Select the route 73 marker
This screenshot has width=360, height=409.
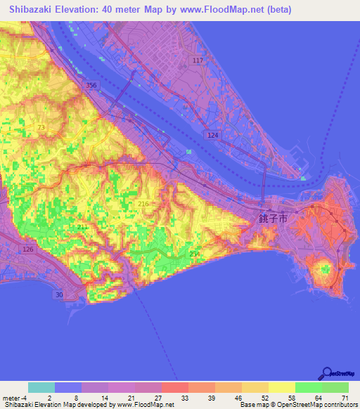(41, 127)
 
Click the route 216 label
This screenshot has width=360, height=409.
(144, 203)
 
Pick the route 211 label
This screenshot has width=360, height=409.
(82, 228)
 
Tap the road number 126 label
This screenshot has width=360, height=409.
(29, 249)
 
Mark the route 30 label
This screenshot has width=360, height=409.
(59, 295)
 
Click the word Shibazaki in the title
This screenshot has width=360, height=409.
(34, 10)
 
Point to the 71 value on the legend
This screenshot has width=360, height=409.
(344, 397)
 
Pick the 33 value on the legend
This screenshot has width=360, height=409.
(184, 397)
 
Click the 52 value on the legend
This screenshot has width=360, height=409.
(264, 397)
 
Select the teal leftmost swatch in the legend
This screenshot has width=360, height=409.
(41, 387)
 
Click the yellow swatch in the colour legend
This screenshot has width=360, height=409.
(281, 387)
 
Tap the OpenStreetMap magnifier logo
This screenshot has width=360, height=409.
(326, 373)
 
